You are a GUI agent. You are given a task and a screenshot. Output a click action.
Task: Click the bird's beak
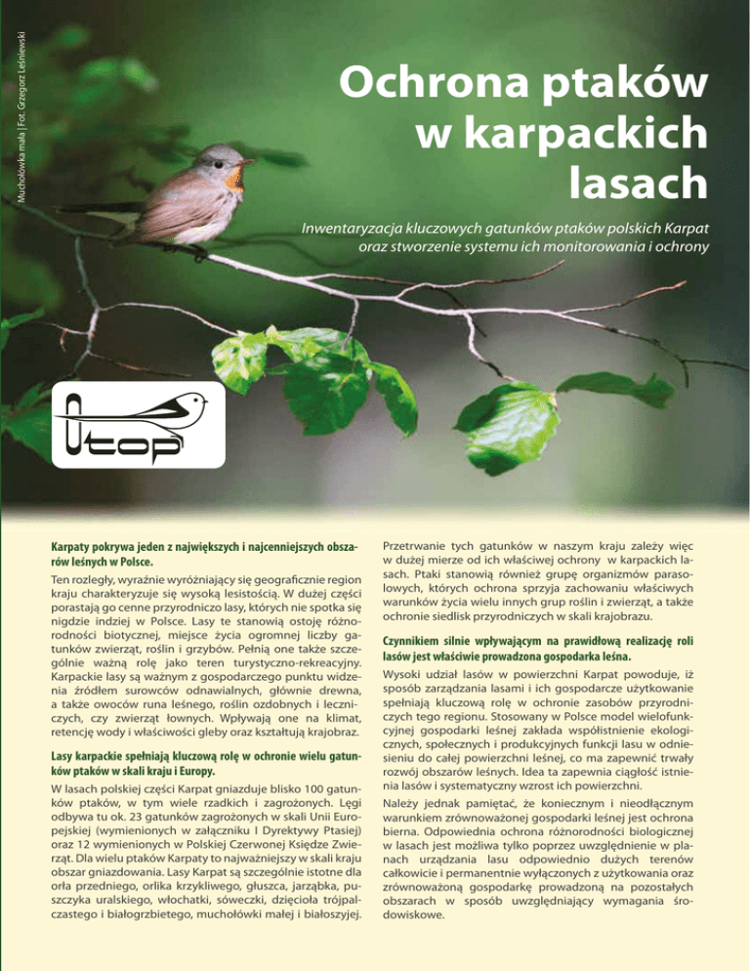point(250,162)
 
